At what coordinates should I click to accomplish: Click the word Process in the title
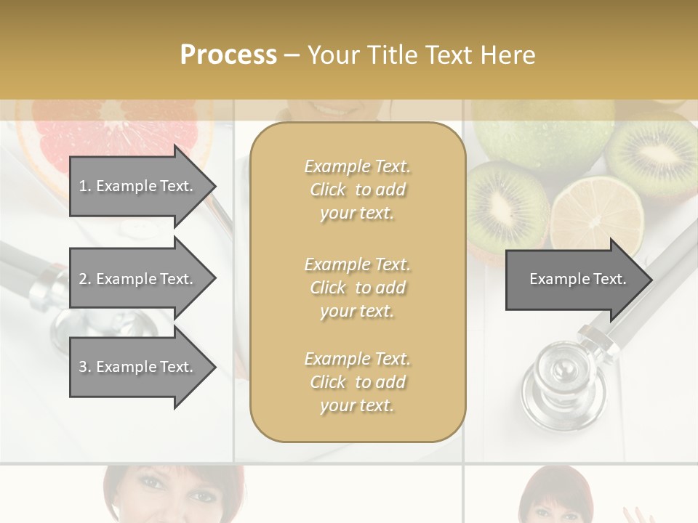(x=228, y=55)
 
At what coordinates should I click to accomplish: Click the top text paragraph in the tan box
(x=357, y=190)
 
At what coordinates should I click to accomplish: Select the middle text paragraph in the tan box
(x=357, y=288)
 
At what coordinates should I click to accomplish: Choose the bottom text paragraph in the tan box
(x=357, y=382)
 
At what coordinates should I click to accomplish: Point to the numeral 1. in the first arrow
(x=84, y=187)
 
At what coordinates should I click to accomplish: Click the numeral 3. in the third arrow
(x=84, y=368)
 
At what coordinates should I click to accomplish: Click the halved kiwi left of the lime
(x=507, y=203)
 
